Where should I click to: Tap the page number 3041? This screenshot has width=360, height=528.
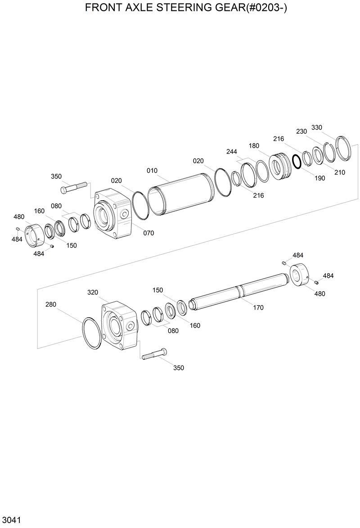[x=11, y=520]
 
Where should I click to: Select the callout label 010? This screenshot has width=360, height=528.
[x=152, y=171]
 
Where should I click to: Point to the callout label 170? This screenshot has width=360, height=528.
[x=258, y=308]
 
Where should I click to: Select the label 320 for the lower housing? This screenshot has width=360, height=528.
[x=93, y=292]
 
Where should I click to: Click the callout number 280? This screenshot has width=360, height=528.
[x=51, y=304]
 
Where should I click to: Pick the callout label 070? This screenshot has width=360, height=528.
[x=148, y=233]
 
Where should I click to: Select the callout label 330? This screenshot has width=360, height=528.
[x=317, y=127]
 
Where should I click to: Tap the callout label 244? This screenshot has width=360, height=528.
[x=232, y=152]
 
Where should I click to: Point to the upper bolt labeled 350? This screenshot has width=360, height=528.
[x=75, y=187]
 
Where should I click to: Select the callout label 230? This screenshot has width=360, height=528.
[x=301, y=131]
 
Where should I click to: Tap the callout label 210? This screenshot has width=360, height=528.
[x=340, y=172]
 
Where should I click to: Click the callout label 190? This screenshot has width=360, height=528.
[x=319, y=178]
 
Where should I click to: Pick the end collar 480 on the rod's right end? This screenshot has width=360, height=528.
[x=299, y=275]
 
